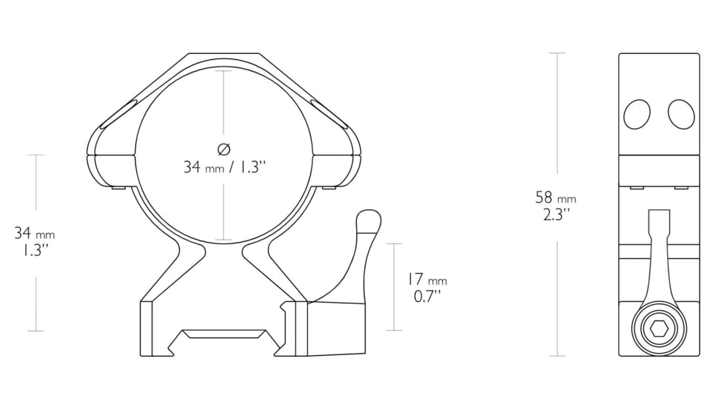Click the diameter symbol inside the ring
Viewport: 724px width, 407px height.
point(224,147)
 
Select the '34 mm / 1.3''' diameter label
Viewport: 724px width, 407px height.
point(224,167)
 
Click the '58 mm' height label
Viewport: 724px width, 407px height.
point(555,198)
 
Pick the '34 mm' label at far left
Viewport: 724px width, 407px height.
point(35,234)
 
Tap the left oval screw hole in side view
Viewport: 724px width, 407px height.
point(637,115)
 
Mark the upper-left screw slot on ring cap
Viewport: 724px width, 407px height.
point(117,113)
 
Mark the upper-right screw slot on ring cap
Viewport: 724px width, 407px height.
point(330,113)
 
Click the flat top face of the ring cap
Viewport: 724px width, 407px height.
point(224,56)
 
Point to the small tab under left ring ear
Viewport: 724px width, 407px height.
point(115,189)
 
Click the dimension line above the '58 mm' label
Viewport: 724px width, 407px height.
point(557,118)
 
